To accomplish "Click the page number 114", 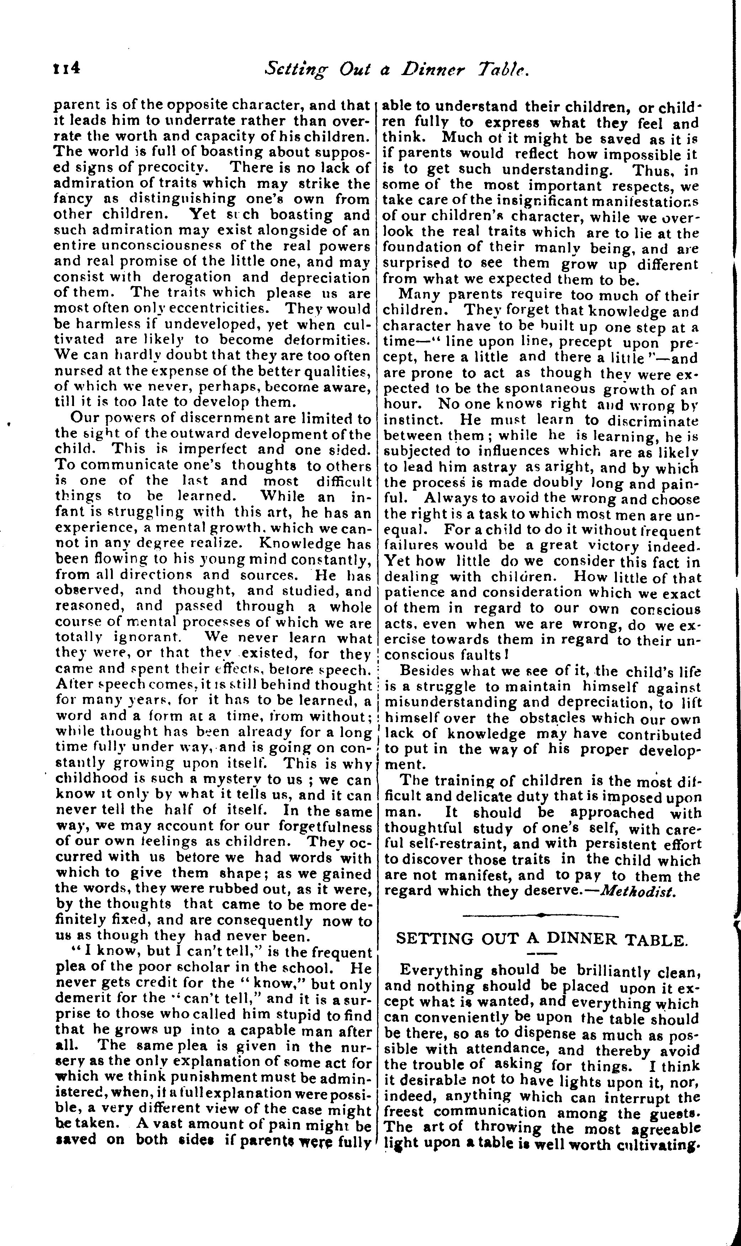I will (67, 67).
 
